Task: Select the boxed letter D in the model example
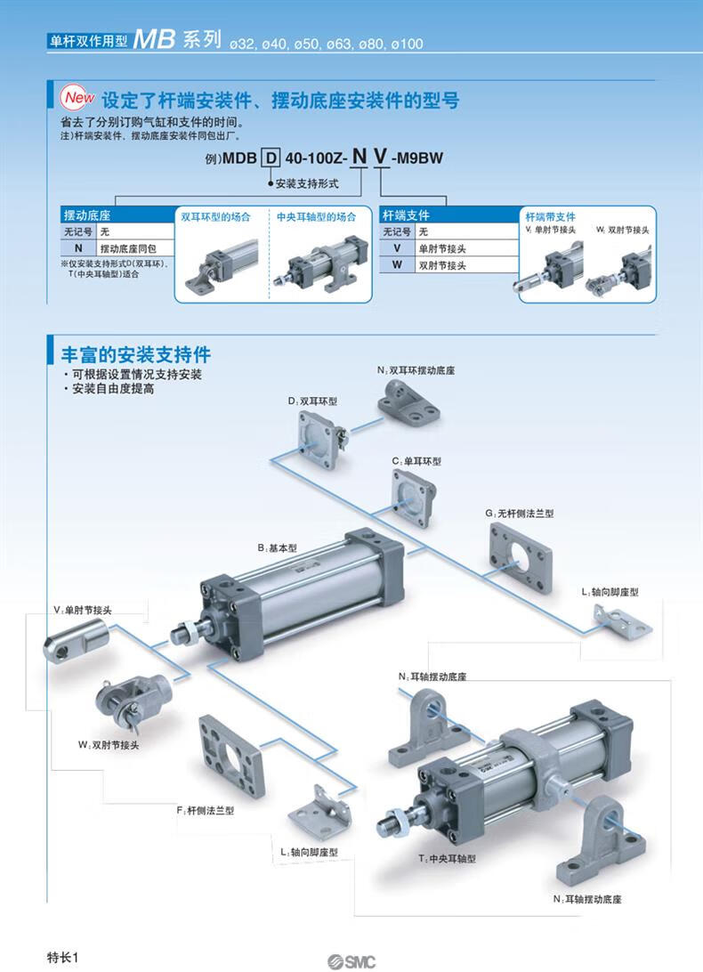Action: pyautogui.click(x=269, y=160)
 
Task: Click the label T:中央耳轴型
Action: pyautogui.click(x=448, y=858)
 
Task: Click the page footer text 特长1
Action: pyautogui.click(x=63, y=957)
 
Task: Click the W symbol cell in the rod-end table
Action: pyautogui.click(x=397, y=265)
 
